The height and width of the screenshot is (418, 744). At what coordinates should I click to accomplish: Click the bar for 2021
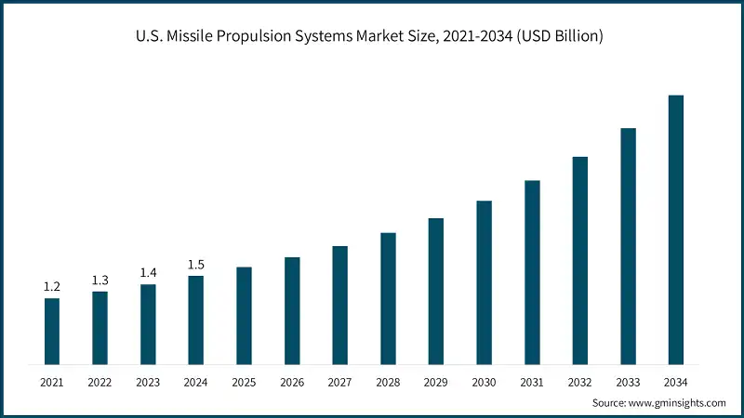pyautogui.click(x=52, y=331)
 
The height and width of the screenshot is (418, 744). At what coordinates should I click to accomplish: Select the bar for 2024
pyautogui.click(x=195, y=320)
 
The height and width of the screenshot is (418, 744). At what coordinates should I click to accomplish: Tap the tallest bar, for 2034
pyautogui.click(x=676, y=229)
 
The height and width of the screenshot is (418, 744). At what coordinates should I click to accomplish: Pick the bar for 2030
pyautogui.click(x=484, y=282)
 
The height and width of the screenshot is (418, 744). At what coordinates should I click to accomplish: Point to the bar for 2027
pyautogui.click(x=339, y=305)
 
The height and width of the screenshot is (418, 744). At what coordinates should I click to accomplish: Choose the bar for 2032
pyautogui.click(x=579, y=260)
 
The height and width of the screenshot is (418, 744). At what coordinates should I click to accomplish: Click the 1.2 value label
pyautogui.click(x=52, y=287)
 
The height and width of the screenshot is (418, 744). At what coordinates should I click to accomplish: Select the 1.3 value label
pyautogui.click(x=100, y=281)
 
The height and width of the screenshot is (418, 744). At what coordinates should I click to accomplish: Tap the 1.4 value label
pyautogui.click(x=148, y=273)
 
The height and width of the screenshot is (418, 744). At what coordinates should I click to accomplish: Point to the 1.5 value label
pyautogui.click(x=195, y=265)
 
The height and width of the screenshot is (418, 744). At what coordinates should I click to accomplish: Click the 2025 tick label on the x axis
pyautogui.click(x=244, y=382)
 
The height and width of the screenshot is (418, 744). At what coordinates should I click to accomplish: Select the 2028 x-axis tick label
pyautogui.click(x=388, y=382)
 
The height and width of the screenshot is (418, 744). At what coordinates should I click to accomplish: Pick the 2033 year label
pyautogui.click(x=628, y=382)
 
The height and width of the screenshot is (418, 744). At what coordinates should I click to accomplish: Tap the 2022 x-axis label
pyautogui.click(x=100, y=382)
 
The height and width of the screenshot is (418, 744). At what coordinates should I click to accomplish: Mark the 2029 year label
pyautogui.click(x=435, y=382)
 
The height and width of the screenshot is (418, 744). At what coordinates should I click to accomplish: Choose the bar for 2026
pyautogui.click(x=292, y=310)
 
